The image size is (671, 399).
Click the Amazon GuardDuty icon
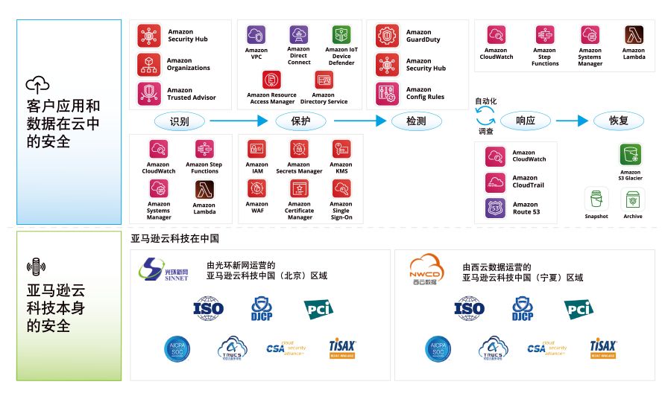pos(388,36)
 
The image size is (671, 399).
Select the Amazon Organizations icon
pos(149,65)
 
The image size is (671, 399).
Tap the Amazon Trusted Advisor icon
pos(149,94)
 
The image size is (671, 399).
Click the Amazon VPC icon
pos(256,35)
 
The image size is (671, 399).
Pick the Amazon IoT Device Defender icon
pos(341,35)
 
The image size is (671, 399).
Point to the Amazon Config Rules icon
pos(388,93)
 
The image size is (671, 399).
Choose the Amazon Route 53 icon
pos(496,208)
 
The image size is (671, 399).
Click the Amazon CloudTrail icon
pos(496,182)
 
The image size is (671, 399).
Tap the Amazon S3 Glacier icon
pos(631,155)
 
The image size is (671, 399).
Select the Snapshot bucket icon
pos(596,199)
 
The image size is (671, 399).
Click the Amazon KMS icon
pos(341,149)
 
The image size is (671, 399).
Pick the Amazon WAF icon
pos(257,188)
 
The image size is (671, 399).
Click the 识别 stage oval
pos(179,121)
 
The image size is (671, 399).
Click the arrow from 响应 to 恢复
pos(573,121)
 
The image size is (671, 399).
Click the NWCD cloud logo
pos(426,269)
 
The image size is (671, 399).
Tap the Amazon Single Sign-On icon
pos(341,188)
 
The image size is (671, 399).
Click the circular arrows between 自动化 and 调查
pos(486,115)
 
